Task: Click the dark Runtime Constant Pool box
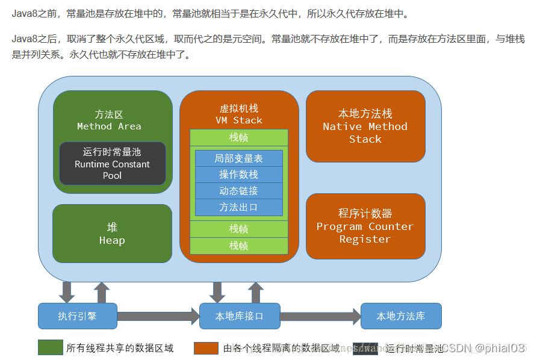click(x=113, y=164)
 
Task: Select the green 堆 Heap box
click(x=113, y=234)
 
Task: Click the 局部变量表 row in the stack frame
click(x=238, y=158)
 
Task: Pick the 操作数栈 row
click(x=238, y=175)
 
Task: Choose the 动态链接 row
click(x=238, y=191)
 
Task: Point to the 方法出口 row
click(x=238, y=207)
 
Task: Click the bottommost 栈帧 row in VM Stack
click(x=238, y=246)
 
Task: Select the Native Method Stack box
click(x=365, y=126)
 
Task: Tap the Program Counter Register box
click(x=365, y=226)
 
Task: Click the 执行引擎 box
click(x=77, y=316)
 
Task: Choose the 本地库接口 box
click(x=239, y=316)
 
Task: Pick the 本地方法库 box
click(x=401, y=316)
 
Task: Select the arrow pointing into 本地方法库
click(x=320, y=316)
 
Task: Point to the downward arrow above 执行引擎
click(x=67, y=292)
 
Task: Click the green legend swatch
click(x=50, y=348)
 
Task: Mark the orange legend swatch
click(x=206, y=348)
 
